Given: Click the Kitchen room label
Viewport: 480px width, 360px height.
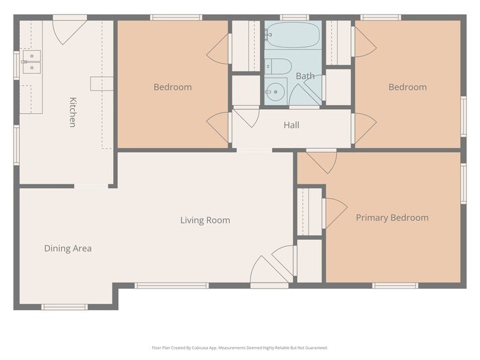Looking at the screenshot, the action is click(x=73, y=112).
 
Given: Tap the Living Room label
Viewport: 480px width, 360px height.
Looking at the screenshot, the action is click(x=205, y=220).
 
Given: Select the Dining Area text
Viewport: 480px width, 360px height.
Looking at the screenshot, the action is click(x=68, y=248).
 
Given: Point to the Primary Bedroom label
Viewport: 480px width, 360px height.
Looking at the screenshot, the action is click(x=392, y=217).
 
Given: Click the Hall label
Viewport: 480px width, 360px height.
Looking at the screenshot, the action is click(x=291, y=125).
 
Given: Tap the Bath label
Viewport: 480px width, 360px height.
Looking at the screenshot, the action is click(x=305, y=76).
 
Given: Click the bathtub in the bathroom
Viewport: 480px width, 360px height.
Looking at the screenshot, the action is click(x=293, y=35).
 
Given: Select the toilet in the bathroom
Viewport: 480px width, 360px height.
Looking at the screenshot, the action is click(x=278, y=67).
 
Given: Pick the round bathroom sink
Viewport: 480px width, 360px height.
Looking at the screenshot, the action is click(x=275, y=91).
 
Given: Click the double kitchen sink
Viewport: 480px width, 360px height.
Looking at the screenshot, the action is click(x=32, y=62).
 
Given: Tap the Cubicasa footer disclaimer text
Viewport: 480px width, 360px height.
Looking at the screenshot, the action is click(x=240, y=348).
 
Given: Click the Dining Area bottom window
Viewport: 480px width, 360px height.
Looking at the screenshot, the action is click(x=64, y=307).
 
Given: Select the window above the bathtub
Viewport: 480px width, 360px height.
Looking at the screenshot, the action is click(x=294, y=17).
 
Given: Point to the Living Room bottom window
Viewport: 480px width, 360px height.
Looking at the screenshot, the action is click(x=171, y=286).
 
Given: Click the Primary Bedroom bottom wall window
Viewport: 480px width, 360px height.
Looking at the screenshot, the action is click(x=395, y=286).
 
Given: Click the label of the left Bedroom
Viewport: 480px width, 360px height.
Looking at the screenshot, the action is click(x=173, y=87).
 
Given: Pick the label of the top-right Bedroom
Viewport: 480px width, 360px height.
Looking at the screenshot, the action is click(x=408, y=87).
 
